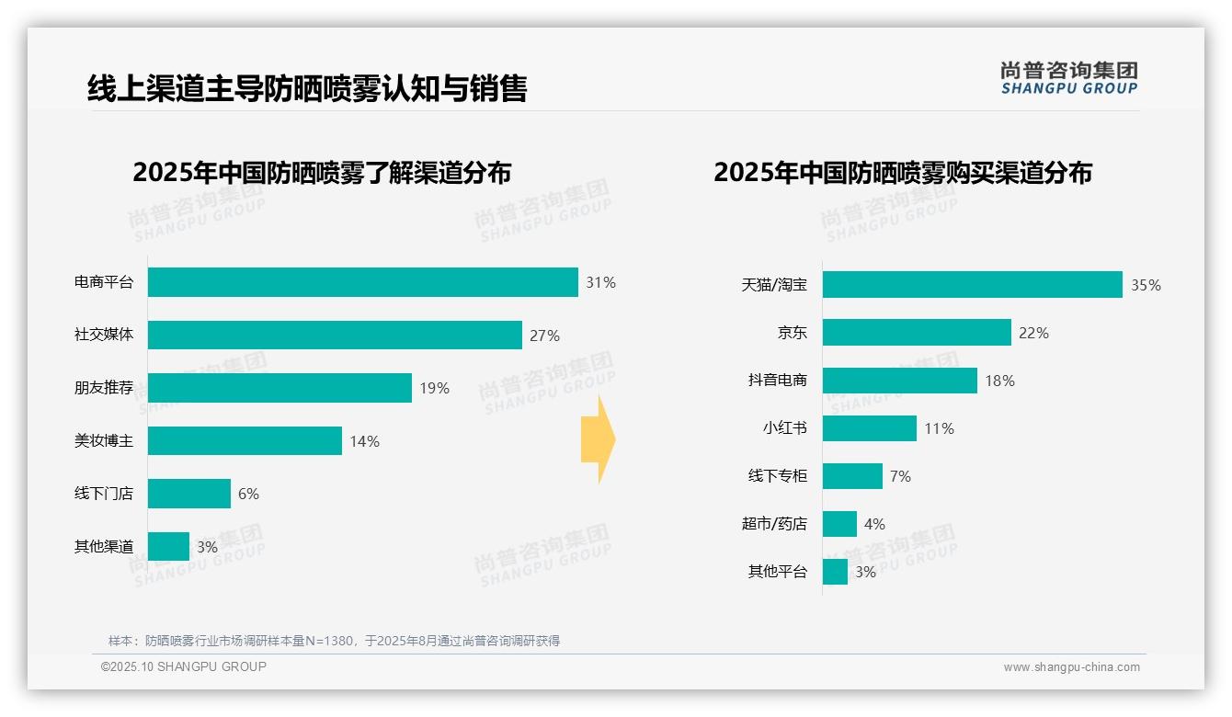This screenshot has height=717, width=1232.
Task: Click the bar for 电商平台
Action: pyautogui.click(x=362, y=282)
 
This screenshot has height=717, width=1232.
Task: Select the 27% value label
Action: pyautogui.click(x=544, y=336)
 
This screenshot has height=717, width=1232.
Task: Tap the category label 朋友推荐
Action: pyautogui.click(x=104, y=388)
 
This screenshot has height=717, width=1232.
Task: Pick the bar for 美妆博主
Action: pyautogui.click(x=245, y=441)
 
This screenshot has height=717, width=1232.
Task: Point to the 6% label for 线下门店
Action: pyautogui.click(x=248, y=494)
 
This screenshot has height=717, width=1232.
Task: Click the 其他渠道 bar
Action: pyautogui.click(x=168, y=547)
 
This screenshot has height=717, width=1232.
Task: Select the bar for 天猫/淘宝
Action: pyautogui.click(x=972, y=285)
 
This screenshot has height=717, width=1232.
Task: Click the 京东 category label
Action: pyautogui.click(x=792, y=333)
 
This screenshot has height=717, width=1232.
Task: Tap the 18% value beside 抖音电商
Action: pyautogui.click(x=999, y=381)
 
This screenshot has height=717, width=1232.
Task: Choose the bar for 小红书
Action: pyautogui.click(x=869, y=428)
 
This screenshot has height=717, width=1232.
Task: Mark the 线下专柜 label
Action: pyautogui.click(x=777, y=476)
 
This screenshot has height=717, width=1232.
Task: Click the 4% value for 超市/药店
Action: pyautogui.click(x=874, y=524)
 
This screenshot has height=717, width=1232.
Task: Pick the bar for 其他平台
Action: pyautogui.click(x=835, y=572)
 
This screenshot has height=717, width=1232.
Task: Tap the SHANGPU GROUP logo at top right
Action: pyautogui.click(x=1068, y=78)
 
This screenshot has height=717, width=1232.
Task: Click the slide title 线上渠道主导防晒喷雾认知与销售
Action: pyautogui.click(x=307, y=88)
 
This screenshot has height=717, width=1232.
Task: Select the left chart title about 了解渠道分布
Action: pyautogui.click(x=322, y=173)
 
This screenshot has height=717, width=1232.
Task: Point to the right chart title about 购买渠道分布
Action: pyautogui.click(x=902, y=173)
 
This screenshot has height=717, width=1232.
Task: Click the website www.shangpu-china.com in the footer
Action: pyautogui.click(x=1071, y=667)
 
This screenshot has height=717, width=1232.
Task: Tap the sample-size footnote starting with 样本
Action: pyautogui.click(x=334, y=641)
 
